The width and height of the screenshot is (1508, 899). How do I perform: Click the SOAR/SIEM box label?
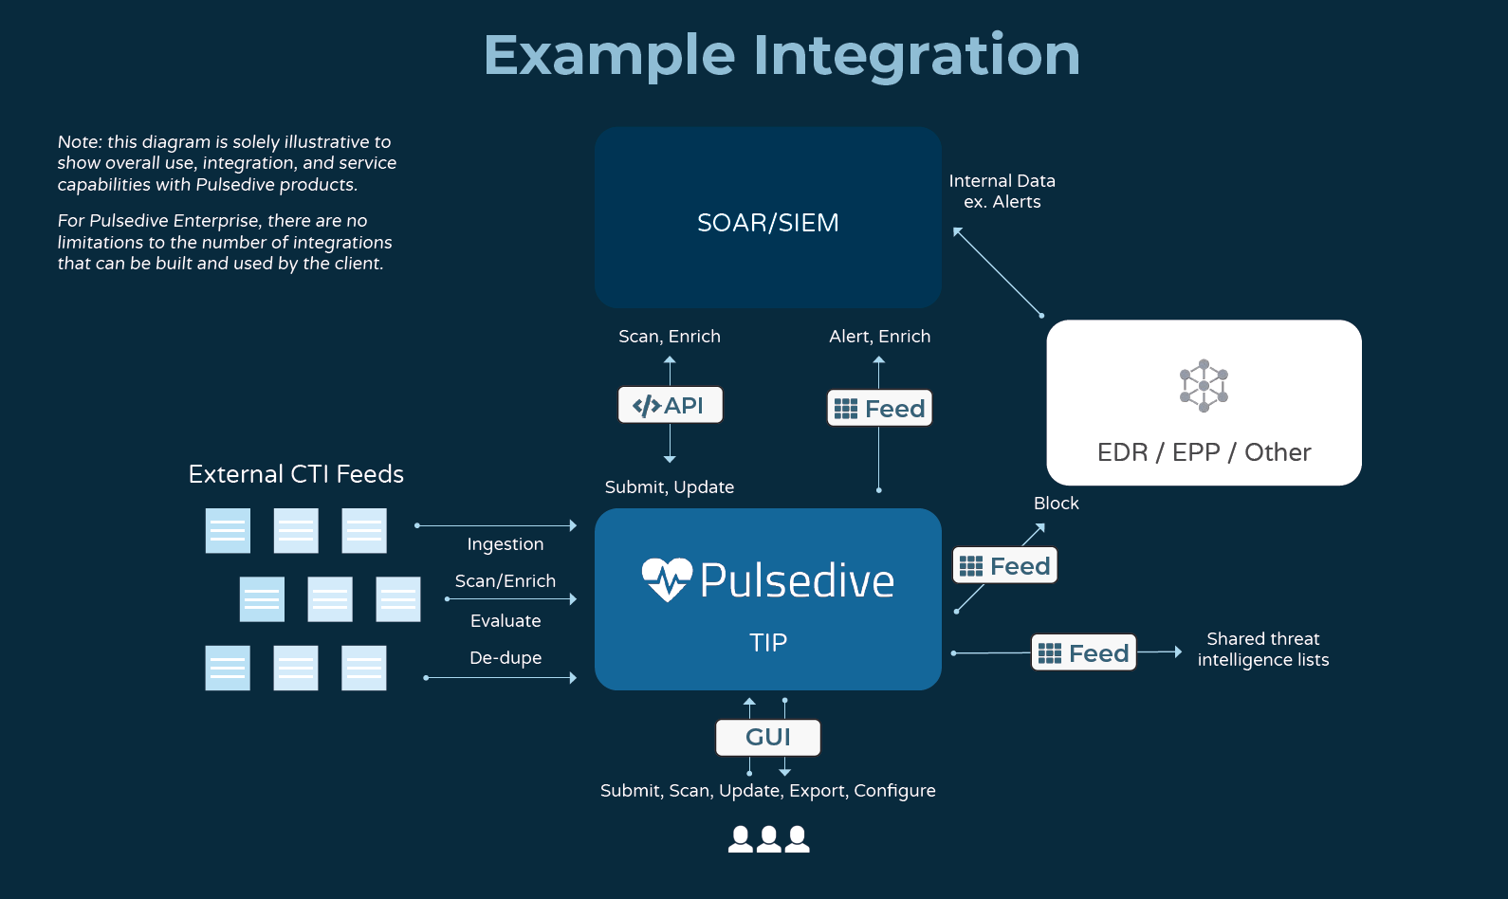pyautogui.click(x=767, y=223)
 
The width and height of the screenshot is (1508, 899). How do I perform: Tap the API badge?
pyautogui.click(x=670, y=405)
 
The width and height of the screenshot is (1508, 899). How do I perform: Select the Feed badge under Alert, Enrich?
pyautogui.click(x=879, y=409)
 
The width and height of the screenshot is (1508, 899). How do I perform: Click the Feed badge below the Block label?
pyautogui.click(x=1004, y=566)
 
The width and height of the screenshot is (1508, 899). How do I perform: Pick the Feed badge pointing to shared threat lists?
pyautogui.click(x=1083, y=653)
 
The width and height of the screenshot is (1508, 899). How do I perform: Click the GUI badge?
pyautogui.click(x=767, y=737)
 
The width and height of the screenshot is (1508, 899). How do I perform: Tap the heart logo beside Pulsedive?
pyautogui.click(x=667, y=578)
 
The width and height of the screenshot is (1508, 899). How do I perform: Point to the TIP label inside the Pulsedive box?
pyautogui.click(x=767, y=643)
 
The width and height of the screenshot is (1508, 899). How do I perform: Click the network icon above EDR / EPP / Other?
pyautogui.click(x=1204, y=386)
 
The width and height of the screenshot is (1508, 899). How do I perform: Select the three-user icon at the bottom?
pyautogui.click(x=768, y=839)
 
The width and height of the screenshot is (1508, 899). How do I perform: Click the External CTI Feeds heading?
pyautogui.click(x=296, y=474)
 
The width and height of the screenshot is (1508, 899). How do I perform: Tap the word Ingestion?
pyautogui.click(x=505, y=544)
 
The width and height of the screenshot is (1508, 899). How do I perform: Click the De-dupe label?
pyautogui.click(x=505, y=658)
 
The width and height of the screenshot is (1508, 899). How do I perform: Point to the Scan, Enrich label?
pyautogui.click(x=669, y=337)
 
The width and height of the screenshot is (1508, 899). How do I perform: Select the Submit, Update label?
pyautogui.click(x=669, y=487)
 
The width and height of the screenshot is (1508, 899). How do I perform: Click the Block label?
pyautogui.click(x=1056, y=504)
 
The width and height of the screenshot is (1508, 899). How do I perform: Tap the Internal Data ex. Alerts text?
pyautogui.click(x=1002, y=191)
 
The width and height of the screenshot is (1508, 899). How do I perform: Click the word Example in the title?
pyautogui.click(x=609, y=55)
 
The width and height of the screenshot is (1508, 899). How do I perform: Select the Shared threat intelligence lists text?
pyautogui.click(x=1262, y=650)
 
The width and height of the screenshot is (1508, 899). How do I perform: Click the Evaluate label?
pyautogui.click(x=505, y=621)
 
